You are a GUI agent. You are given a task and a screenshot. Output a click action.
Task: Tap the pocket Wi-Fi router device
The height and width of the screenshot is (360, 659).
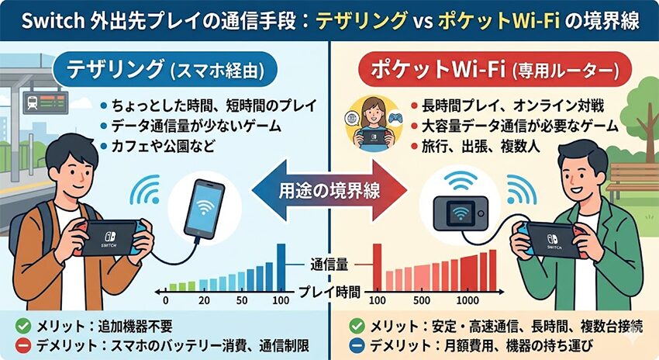(x=461, y=213)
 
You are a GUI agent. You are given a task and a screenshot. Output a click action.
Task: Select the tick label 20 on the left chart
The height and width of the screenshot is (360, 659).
(x=204, y=300)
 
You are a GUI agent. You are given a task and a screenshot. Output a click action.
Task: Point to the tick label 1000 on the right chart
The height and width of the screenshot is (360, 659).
(x=467, y=300)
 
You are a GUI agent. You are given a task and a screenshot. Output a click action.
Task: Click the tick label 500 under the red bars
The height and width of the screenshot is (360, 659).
(x=421, y=300)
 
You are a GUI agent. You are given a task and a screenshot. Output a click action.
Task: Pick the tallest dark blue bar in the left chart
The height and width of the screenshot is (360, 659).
(x=281, y=268)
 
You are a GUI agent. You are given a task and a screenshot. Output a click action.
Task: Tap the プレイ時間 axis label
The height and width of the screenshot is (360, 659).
(x=330, y=292)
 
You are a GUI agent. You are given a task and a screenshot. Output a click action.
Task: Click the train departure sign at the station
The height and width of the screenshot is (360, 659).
(x=46, y=102)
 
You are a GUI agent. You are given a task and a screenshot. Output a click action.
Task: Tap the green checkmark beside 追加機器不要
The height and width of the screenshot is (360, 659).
(x=22, y=326)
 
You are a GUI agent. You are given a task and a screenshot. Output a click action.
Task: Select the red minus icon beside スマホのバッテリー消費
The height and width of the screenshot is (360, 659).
(x=22, y=346)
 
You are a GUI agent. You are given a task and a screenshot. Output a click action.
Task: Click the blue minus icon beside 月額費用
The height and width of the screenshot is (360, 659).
(x=357, y=346)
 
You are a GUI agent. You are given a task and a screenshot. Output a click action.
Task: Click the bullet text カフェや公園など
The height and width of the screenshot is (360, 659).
(x=163, y=147)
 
